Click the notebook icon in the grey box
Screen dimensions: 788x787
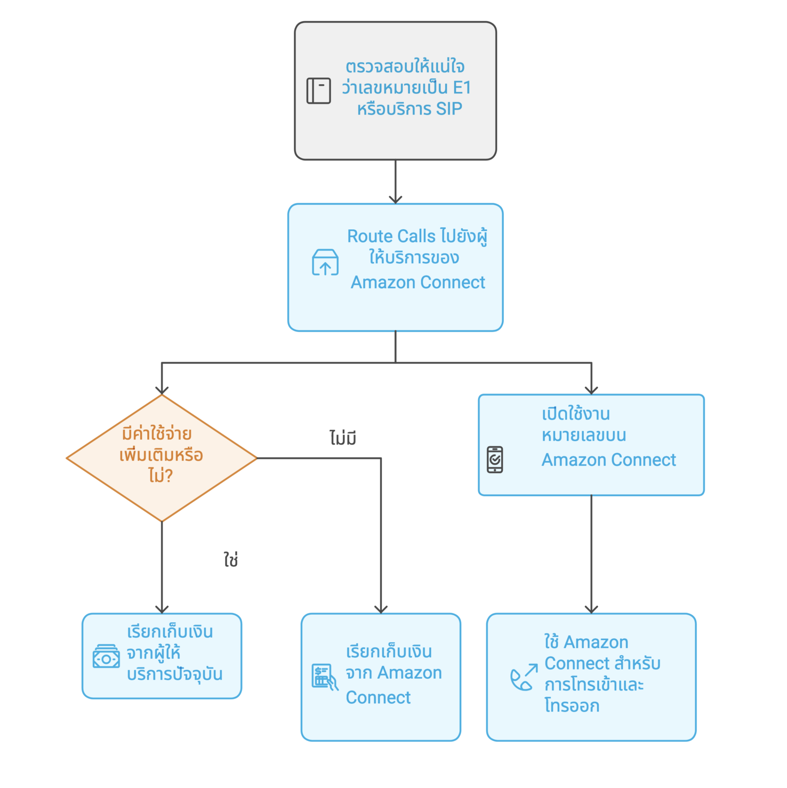[x=318, y=91]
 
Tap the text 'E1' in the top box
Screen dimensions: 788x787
[x=461, y=88]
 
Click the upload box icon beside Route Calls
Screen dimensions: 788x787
[x=325, y=263]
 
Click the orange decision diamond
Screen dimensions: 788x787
[x=162, y=458]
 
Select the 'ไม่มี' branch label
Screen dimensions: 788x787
[x=343, y=438]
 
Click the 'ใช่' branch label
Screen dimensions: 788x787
[x=231, y=560]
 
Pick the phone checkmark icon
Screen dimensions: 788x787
[x=495, y=460]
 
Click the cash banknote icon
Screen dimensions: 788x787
[x=106, y=657]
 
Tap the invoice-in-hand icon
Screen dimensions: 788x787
[x=325, y=677]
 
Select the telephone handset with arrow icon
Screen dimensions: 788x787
[x=524, y=677]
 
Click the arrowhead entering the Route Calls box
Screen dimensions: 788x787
[x=396, y=200]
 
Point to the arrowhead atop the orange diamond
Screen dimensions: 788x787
[x=162, y=390]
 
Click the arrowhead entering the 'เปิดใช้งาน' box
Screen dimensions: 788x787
[x=592, y=390]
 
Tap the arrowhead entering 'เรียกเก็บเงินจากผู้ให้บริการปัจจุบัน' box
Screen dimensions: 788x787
[x=162, y=609]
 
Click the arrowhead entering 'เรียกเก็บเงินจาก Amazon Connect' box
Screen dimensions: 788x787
[x=381, y=609]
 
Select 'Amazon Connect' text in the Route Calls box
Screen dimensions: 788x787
[x=418, y=283]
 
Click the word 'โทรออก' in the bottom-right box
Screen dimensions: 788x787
[x=572, y=706]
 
